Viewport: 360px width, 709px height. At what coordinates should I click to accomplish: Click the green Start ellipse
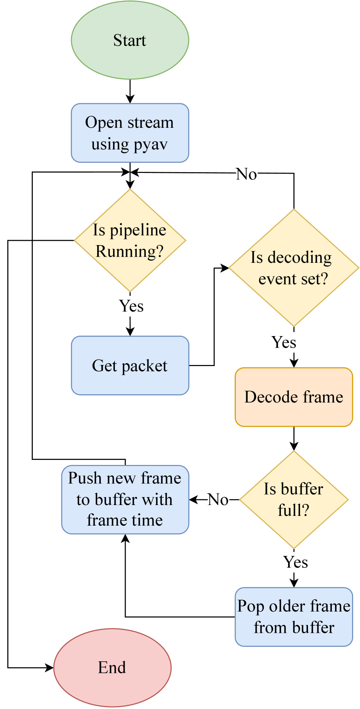tap(130, 40)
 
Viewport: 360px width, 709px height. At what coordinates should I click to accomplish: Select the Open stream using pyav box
tap(130, 133)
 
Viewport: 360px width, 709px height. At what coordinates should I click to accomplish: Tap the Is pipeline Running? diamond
tap(130, 240)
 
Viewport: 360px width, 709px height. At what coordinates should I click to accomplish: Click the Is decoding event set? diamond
tap(294, 268)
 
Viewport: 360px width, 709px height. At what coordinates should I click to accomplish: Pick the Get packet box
tap(130, 365)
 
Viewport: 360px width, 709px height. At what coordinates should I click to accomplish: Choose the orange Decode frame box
tap(294, 397)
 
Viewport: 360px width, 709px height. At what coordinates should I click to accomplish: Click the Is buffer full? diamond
tap(294, 500)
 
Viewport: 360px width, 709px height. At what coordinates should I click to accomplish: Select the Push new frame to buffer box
tap(125, 500)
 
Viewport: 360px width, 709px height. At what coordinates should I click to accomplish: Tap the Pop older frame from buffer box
tap(294, 617)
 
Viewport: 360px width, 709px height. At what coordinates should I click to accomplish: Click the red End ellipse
tap(112, 667)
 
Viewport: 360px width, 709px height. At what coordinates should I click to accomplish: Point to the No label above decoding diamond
tap(247, 174)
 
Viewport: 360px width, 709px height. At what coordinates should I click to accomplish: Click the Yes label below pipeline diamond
tap(131, 306)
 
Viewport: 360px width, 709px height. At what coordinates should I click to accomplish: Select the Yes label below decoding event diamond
tap(284, 342)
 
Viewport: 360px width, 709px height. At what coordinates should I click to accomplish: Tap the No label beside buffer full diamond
tap(218, 500)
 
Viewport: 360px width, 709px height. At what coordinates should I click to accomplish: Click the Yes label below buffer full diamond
tap(295, 562)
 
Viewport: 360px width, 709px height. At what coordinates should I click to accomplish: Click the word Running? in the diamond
tap(129, 251)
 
